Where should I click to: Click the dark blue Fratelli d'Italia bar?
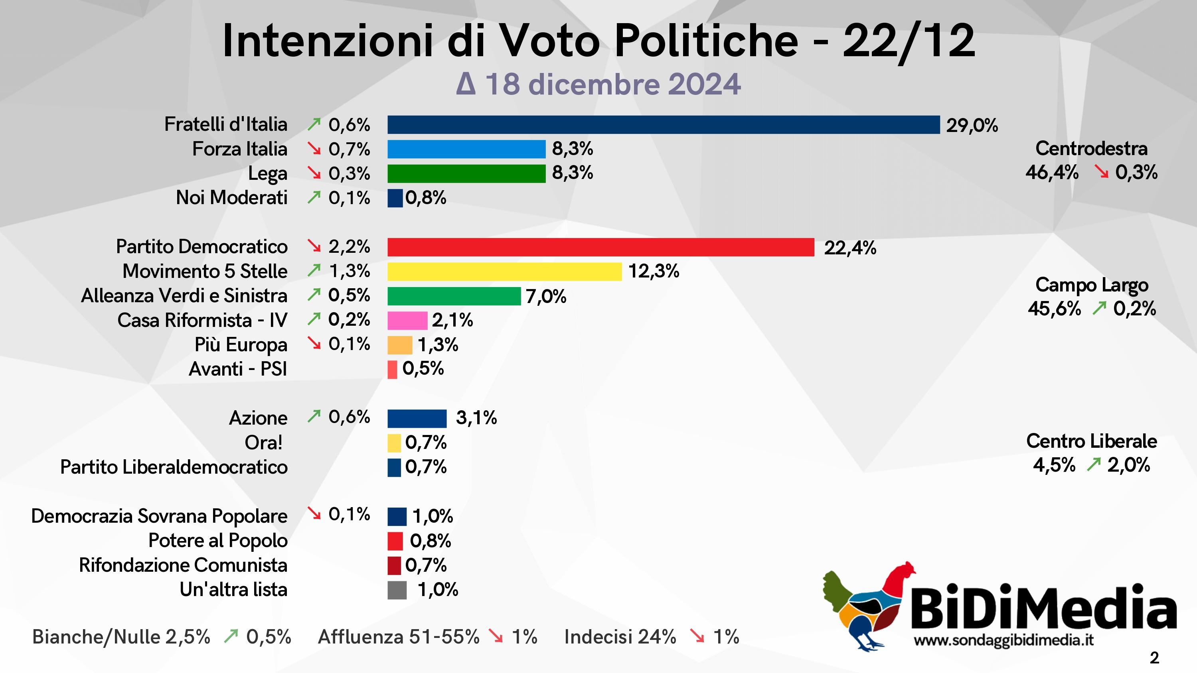(x=663, y=125)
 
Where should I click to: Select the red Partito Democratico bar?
(x=600, y=247)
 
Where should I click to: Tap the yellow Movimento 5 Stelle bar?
(x=504, y=272)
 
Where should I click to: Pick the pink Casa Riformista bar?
(x=407, y=321)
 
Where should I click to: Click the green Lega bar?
(x=466, y=174)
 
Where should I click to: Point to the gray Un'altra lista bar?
(x=397, y=590)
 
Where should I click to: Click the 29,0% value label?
(x=972, y=126)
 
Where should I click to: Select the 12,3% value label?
(x=653, y=271)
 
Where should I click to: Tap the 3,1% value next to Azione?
(x=476, y=418)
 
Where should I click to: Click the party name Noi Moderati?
(x=231, y=198)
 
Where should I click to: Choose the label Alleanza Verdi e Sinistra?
(x=184, y=296)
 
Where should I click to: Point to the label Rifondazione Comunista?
(x=183, y=565)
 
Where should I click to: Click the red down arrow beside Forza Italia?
(x=314, y=149)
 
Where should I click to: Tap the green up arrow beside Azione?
(x=314, y=417)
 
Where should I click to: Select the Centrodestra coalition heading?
(x=1091, y=149)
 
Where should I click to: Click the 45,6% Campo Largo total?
(x=1054, y=309)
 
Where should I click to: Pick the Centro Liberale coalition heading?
(x=1091, y=441)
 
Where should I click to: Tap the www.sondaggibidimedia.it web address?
(x=1003, y=640)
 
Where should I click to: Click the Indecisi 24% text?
(x=620, y=637)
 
